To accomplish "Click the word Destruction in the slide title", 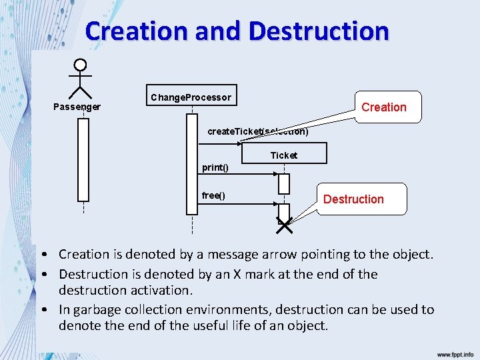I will [318, 31].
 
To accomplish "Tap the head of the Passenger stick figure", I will [81, 65].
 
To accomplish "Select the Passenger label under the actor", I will [77, 107].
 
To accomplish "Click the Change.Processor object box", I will [192, 97].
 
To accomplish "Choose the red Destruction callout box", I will [353, 199].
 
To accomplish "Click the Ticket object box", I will [284, 155].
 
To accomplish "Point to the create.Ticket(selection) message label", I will [257, 131].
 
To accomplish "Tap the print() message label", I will [215, 167].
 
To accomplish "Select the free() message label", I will [213, 195].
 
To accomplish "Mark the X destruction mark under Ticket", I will [284, 226].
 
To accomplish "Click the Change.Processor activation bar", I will [192, 164].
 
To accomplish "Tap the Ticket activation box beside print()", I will [284, 183].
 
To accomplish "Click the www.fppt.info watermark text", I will [455, 355].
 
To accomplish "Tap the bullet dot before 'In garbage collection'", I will [42, 310].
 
